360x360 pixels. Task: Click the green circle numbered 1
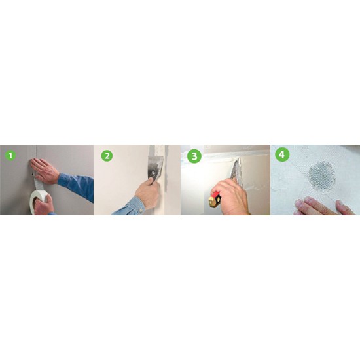point(10,155)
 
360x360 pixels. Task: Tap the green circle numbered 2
point(107,156)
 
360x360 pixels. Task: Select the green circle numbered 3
point(194,156)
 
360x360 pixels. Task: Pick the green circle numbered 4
point(282,154)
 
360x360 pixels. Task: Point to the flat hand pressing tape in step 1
point(45,170)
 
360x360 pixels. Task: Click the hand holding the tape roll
point(44,205)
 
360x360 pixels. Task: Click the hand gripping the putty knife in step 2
point(148,193)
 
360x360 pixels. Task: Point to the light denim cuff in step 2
point(132,206)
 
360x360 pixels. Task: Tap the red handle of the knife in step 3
point(216,195)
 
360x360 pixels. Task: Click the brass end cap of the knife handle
point(212,202)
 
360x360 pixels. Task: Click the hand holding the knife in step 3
point(232,198)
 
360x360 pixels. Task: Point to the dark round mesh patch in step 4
point(321,174)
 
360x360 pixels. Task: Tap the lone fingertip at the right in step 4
point(346,207)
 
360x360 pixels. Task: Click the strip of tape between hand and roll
point(37,183)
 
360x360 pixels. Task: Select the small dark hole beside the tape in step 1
point(33,175)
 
